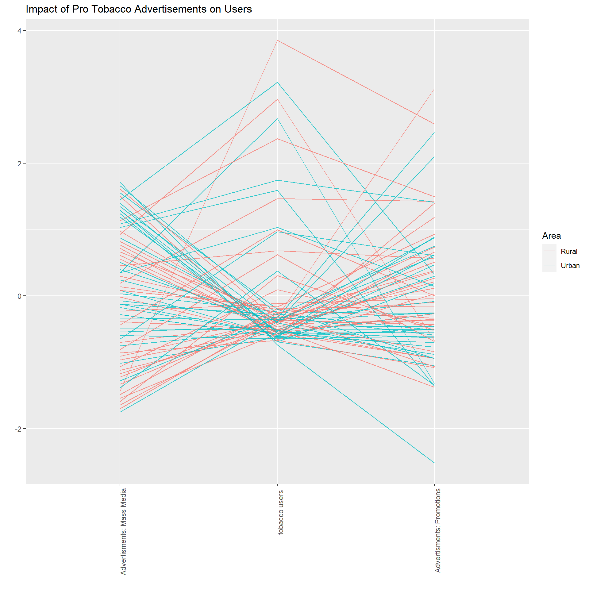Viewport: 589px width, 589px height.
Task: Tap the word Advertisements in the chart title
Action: [x=171, y=9]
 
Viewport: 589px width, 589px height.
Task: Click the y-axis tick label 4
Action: [x=19, y=31]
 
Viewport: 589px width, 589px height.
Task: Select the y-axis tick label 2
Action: [x=19, y=164]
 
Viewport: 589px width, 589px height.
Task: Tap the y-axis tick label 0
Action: [x=19, y=296]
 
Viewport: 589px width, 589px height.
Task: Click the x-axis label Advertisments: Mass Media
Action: [x=123, y=531]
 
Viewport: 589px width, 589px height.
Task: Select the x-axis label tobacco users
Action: [x=281, y=512]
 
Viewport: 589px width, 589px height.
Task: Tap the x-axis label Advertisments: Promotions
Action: [x=438, y=530]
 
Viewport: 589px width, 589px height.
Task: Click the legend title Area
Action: [x=551, y=236]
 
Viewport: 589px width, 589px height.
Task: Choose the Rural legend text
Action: [x=569, y=252]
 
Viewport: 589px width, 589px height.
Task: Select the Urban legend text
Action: [x=570, y=266]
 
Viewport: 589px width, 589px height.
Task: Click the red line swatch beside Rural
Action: [x=549, y=251]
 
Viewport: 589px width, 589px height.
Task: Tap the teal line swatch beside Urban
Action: [x=549, y=265]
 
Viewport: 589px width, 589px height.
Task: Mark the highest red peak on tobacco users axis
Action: [x=277, y=40]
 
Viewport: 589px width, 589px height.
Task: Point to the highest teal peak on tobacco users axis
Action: [x=277, y=82]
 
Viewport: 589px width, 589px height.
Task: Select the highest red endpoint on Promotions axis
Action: [x=434, y=89]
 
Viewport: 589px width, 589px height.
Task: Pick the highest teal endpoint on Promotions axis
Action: [x=434, y=133]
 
